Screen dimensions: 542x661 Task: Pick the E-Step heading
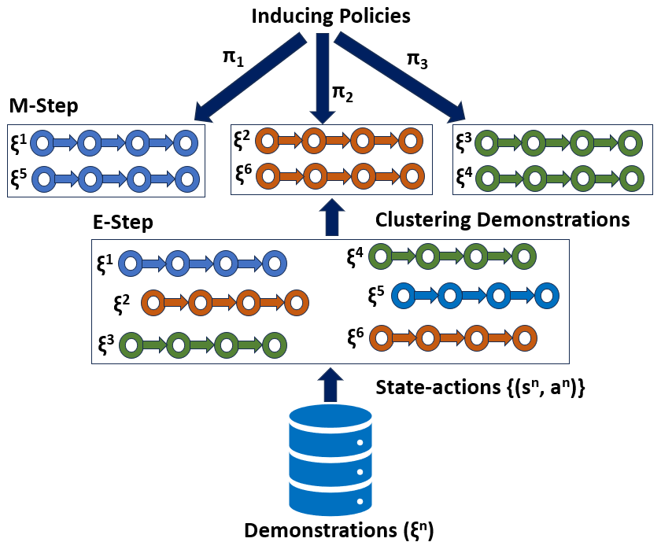click(x=122, y=223)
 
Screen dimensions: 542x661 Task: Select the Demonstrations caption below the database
click(x=338, y=529)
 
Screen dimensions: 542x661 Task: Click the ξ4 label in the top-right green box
click(x=464, y=175)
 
